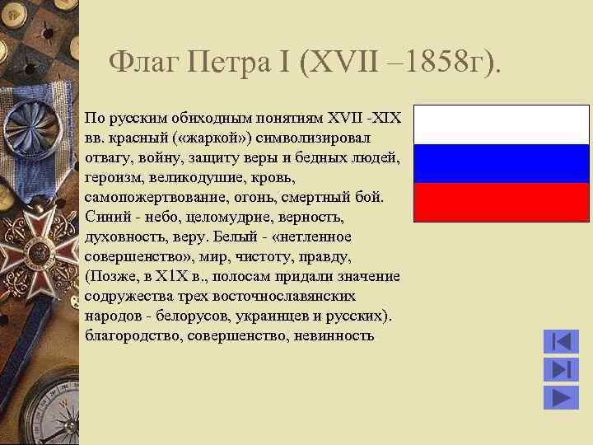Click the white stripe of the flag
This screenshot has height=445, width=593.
click(501, 124)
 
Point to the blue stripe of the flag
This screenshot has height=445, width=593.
click(501, 163)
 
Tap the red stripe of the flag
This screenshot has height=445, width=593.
click(501, 202)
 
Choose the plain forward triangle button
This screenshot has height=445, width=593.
click(561, 397)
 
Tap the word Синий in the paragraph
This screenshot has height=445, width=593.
click(102, 217)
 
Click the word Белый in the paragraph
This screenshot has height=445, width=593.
click(239, 237)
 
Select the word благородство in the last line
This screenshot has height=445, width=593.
click(133, 335)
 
